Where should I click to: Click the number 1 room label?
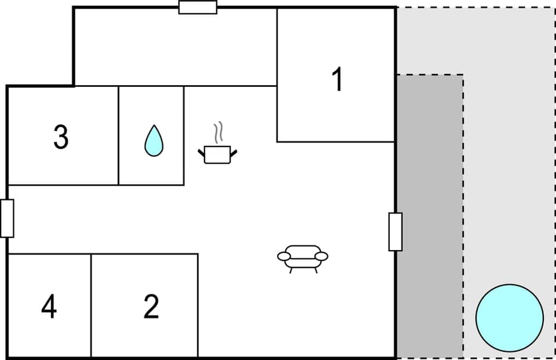tap(336, 80)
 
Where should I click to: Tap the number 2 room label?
tap(151, 307)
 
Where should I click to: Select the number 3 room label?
tap(61, 137)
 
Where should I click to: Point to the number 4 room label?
tap(49, 307)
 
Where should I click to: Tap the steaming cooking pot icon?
tap(218, 154)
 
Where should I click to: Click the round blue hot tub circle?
tap(510, 318)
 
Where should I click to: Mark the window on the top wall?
tap(197, 8)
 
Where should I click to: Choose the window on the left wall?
tap(7, 218)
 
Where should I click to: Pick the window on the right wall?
tap(395, 232)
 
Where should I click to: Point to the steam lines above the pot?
tap(218, 133)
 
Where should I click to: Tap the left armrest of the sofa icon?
tap(284, 256)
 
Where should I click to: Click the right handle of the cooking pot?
tap(234, 153)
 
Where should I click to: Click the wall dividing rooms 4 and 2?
tap(91, 306)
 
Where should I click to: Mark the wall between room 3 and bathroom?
tap(119, 135)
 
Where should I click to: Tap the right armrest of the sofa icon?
tap(321, 256)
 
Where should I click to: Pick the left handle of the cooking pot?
tap(202, 153)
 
